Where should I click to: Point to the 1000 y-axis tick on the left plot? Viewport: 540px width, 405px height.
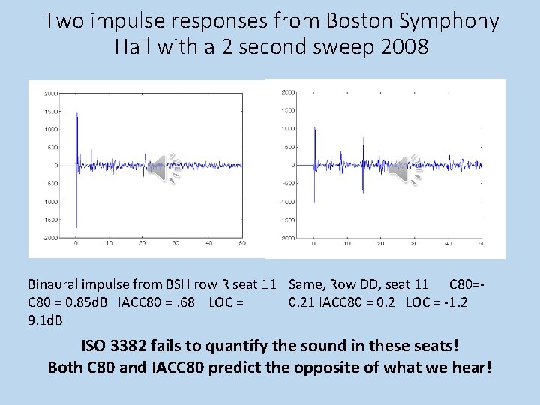(51, 129)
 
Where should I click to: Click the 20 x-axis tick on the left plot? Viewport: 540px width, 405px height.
(142, 243)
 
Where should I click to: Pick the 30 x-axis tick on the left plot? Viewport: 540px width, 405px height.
(175, 243)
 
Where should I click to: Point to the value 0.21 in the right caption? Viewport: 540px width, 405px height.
(302, 302)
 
